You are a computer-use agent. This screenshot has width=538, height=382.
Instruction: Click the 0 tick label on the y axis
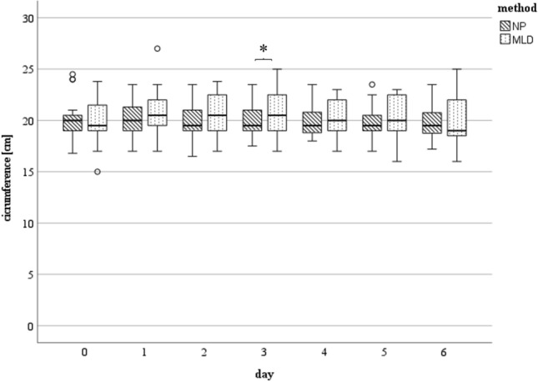31,325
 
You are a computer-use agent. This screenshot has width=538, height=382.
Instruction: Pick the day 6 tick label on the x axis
443,353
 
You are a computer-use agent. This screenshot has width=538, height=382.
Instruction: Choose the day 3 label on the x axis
264,353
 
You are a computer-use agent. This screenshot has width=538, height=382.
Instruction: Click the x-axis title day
263,369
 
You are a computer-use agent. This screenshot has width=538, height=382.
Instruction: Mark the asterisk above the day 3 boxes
263,50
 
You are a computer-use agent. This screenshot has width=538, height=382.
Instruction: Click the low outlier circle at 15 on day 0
98,172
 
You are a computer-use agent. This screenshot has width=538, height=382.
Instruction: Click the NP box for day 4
311,123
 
